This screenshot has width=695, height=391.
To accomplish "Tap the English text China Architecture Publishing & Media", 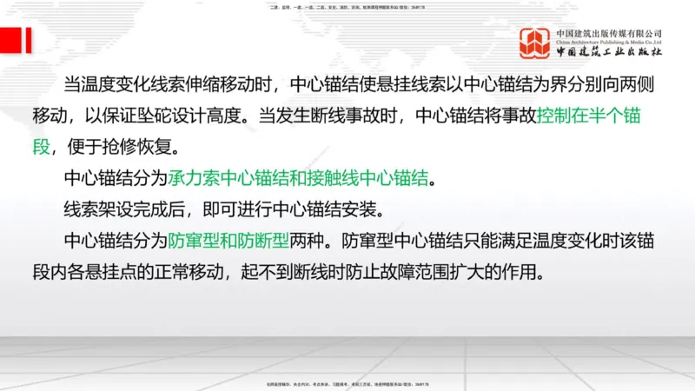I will (x=609, y=41).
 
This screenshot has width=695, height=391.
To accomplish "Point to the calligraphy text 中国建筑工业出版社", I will (x=609, y=52).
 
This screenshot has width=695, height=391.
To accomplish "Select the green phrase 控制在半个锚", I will (x=589, y=116).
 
